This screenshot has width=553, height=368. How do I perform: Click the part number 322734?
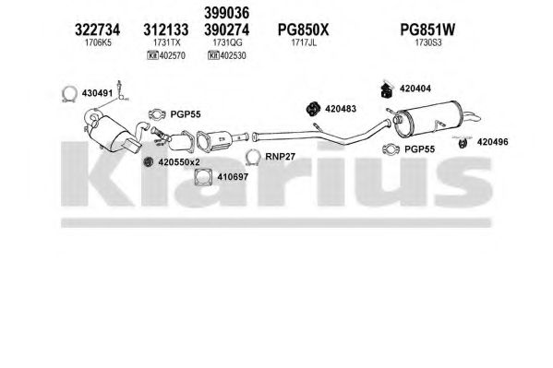[97, 30]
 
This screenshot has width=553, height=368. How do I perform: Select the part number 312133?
[166, 30]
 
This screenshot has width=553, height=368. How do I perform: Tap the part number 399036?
[227, 13]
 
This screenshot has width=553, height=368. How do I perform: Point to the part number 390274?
[227, 30]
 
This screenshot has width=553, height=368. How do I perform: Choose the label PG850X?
[304, 30]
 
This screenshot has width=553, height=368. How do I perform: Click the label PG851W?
[427, 30]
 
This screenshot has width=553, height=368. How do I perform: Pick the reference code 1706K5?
[98, 43]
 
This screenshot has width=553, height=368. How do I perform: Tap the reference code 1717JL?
[304, 43]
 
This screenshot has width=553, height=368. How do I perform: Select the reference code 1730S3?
[427, 43]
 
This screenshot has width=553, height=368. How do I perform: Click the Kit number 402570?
[172, 55]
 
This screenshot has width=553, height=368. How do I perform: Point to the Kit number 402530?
[233, 55]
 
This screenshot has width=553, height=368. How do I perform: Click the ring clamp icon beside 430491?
[69, 94]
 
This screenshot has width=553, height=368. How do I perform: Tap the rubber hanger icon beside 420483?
[313, 109]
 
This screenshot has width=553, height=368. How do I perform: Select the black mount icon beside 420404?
[387, 89]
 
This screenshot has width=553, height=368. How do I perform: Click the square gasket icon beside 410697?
[203, 176]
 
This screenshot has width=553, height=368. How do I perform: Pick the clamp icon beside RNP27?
[253, 157]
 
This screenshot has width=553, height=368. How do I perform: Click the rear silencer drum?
[427, 119]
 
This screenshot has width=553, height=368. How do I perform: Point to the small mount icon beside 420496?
[463, 143]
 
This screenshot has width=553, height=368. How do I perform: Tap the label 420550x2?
[179, 162]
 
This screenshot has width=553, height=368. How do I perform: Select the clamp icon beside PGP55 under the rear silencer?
[391, 149]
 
